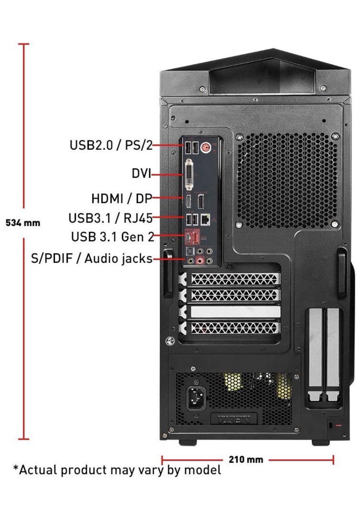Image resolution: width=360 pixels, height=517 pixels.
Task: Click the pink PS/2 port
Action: [205, 147]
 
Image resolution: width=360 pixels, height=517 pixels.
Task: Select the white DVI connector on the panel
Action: [189, 174]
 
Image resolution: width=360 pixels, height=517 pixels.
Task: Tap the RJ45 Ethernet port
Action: [207, 219]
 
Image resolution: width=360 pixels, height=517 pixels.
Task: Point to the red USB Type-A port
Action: [196, 237]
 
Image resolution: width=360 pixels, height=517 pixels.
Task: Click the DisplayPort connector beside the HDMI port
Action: [201, 200]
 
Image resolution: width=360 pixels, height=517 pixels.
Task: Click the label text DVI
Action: [141, 174]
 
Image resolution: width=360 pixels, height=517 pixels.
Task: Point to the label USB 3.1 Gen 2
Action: [112, 236]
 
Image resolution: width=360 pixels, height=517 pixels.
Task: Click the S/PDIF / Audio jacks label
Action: [92, 258]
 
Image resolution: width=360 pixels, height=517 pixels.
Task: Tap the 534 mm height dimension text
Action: [23, 223]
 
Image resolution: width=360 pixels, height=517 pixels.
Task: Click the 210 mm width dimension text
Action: [245, 459]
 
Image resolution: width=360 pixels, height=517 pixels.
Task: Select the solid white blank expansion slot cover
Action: [235, 312]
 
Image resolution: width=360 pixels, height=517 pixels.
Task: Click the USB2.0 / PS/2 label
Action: [111, 145]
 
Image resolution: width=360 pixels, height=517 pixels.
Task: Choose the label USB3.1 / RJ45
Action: [110, 218]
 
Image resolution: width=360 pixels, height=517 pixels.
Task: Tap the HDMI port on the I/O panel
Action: [188, 200]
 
